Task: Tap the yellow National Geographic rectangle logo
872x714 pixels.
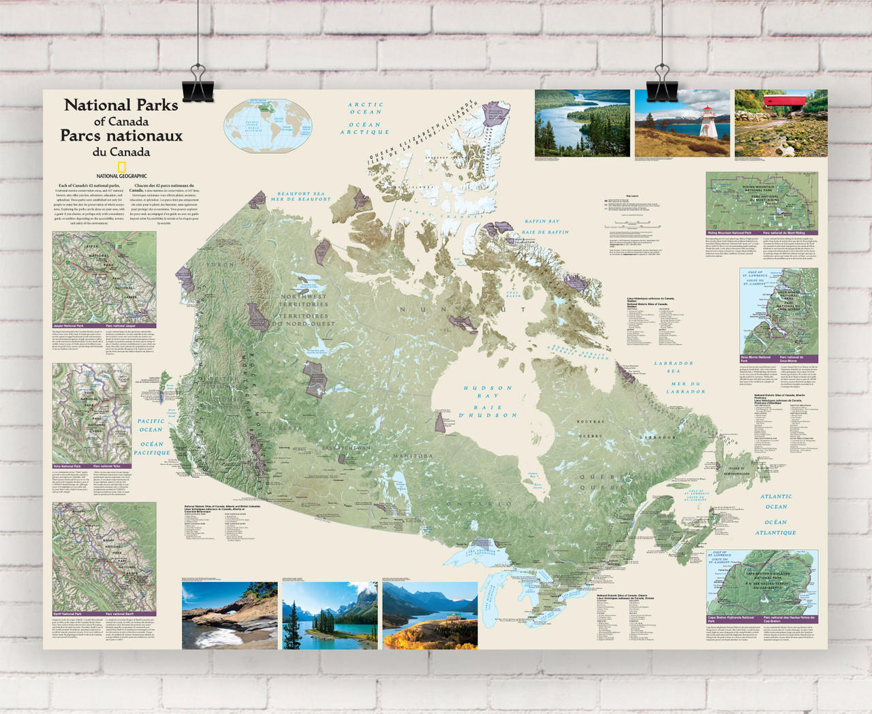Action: [122, 167]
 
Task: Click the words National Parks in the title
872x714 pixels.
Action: [121, 106]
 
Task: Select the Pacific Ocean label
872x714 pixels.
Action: [151, 425]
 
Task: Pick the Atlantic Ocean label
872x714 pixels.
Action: [776, 501]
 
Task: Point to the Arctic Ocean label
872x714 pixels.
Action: [365, 108]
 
